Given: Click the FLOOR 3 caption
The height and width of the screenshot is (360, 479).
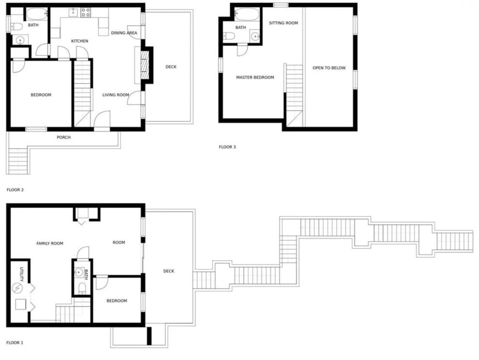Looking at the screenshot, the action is pyautogui.click(x=227, y=147).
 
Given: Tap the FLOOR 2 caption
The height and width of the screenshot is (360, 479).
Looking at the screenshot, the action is pyautogui.click(x=15, y=190).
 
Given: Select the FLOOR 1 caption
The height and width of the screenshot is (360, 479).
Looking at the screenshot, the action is pyautogui.click(x=15, y=343).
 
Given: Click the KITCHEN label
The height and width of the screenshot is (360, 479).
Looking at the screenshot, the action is pyautogui.click(x=80, y=41).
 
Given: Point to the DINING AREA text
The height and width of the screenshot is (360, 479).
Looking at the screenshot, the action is pyautogui.click(x=124, y=33).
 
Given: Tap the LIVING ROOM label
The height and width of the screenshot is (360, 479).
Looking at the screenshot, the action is pyautogui.click(x=116, y=95).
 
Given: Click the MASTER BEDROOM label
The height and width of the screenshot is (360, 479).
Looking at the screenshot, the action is pyautogui.click(x=255, y=77).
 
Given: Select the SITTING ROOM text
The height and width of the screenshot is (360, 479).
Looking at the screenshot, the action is pyautogui.click(x=284, y=23).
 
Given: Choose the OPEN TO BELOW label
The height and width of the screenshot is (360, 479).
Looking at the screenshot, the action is pyautogui.click(x=329, y=68).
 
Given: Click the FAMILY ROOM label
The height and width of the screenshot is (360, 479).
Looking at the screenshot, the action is pyautogui.click(x=50, y=243).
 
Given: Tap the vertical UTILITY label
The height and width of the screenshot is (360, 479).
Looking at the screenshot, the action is pyautogui.click(x=22, y=274).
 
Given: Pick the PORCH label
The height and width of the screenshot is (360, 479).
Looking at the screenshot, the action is pyautogui.click(x=64, y=137).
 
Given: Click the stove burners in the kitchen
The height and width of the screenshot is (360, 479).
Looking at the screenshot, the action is pyautogui.click(x=86, y=12).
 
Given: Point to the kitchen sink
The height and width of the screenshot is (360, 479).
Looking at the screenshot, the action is pyautogui.click(x=73, y=12).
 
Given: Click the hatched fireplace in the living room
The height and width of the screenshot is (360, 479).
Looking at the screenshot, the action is pyautogui.click(x=144, y=65).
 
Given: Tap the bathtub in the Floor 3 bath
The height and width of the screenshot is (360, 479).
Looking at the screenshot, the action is pyautogui.click(x=247, y=14).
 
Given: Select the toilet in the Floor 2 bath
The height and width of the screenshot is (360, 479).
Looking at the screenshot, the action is pyautogui.click(x=16, y=26).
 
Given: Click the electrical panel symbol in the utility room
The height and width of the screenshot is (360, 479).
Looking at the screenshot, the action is pyautogui.click(x=18, y=288).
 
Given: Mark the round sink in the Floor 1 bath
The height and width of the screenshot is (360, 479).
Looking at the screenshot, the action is pyautogui.click(x=80, y=272).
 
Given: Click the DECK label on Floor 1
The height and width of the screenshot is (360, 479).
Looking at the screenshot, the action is pyautogui.click(x=169, y=271).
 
